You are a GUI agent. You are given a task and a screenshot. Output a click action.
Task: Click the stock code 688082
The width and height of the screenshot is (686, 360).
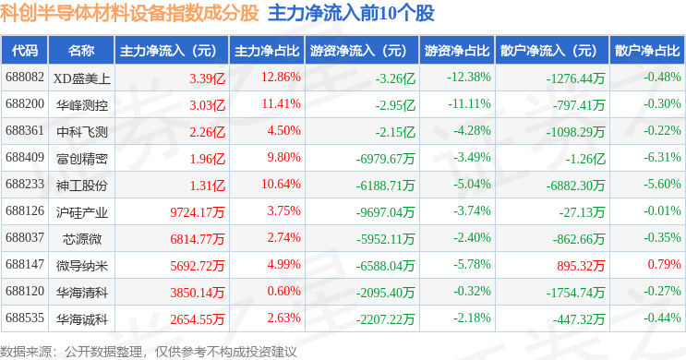[x=25, y=78]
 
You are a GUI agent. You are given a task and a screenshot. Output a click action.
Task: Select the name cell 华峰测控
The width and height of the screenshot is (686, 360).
[x=82, y=105]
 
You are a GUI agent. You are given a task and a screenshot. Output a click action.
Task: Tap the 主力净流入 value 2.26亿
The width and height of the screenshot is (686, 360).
[x=208, y=132]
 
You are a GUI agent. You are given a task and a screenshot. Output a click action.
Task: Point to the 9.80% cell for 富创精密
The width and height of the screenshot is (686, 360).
[x=284, y=158]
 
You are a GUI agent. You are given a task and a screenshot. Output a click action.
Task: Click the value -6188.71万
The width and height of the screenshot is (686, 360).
[x=385, y=186]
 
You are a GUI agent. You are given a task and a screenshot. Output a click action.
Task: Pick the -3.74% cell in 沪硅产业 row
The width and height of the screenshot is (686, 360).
[x=472, y=211]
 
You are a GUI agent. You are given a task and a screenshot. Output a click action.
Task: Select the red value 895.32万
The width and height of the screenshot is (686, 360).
[x=581, y=266]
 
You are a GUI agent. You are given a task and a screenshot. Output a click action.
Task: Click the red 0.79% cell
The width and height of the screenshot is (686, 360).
[x=664, y=265]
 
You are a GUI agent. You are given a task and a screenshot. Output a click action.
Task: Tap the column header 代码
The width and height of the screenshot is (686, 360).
[x=25, y=50]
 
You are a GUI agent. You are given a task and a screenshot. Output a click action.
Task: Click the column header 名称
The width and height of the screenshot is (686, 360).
[x=81, y=50]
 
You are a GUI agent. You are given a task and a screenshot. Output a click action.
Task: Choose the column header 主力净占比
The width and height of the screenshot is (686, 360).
[x=267, y=51]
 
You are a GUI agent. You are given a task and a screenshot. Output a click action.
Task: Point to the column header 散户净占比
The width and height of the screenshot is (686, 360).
[x=647, y=51]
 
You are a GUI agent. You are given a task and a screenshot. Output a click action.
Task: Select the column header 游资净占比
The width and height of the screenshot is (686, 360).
[x=457, y=51]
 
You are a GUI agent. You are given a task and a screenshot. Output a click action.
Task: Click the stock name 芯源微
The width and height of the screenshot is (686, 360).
[x=82, y=239]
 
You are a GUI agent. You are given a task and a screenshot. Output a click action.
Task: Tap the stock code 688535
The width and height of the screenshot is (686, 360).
[x=25, y=318]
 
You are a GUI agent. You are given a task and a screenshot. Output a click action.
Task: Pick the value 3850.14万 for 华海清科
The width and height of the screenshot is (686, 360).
[x=198, y=293]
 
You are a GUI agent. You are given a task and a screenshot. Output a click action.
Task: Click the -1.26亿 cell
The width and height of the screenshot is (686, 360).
[x=585, y=159]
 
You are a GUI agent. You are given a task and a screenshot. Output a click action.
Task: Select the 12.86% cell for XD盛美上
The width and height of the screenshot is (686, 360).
[x=281, y=78]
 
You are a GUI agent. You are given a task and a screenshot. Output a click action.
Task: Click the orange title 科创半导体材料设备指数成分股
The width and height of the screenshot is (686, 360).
[x=130, y=13]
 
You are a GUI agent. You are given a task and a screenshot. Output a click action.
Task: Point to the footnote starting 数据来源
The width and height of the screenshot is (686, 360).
[x=149, y=352]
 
